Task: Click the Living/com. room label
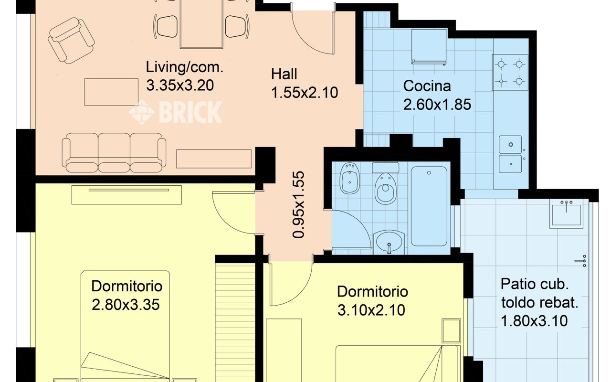(x=185, y=67)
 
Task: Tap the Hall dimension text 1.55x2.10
(x=305, y=93)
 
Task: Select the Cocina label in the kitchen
(x=427, y=86)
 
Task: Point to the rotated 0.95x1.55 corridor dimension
(x=298, y=205)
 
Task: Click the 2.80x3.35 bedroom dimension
(x=126, y=305)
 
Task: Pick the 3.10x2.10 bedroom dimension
(x=371, y=310)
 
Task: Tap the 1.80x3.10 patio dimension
(x=534, y=321)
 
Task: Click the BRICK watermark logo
(x=175, y=112)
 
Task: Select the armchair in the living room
(x=72, y=41)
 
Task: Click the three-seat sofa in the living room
(x=114, y=153)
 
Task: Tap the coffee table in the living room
(x=111, y=92)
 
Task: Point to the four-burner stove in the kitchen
(x=510, y=72)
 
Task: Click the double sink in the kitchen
(x=510, y=154)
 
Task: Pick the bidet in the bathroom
(x=349, y=179)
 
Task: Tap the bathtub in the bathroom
(x=429, y=207)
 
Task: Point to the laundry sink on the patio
(x=567, y=214)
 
